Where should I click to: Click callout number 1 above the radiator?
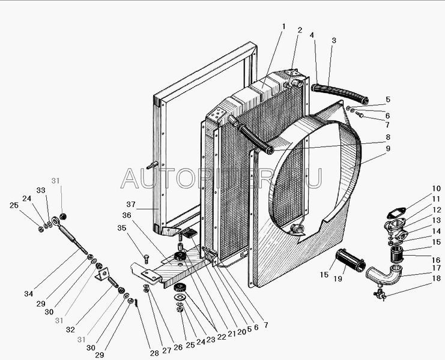pos(282,26)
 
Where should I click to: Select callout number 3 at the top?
pos(334,40)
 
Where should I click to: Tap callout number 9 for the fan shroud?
pos(388,148)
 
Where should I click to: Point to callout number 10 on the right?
pos(436,188)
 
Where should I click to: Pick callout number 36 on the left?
pos(127,215)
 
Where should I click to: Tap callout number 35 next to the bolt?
pos(121,228)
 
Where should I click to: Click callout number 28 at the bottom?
pos(155,353)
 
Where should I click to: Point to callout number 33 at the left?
pos(41,190)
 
